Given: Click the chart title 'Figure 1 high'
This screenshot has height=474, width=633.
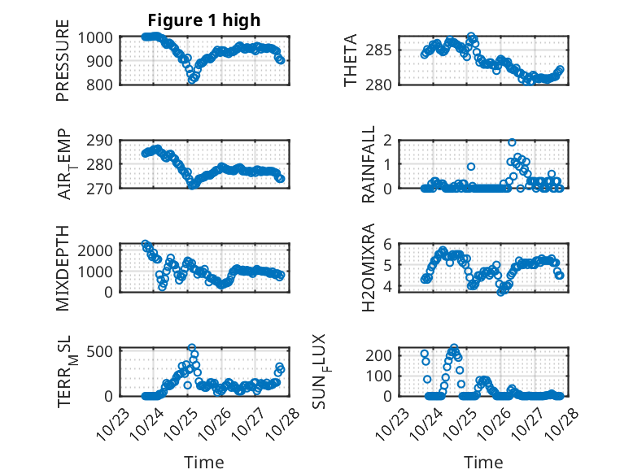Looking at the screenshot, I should pyautogui.click(x=204, y=20).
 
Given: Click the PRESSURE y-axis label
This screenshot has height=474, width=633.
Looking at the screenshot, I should pyautogui.click(x=63, y=67).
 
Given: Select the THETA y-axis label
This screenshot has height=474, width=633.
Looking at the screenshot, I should pyautogui.click(x=351, y=61).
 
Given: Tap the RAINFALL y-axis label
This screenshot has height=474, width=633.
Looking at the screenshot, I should pyautogui.click(x=368, y=164).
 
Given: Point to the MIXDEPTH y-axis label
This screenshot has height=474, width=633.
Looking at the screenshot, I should pyautogui.click(x=63, y=267).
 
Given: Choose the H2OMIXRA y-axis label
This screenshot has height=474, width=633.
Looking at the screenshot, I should pyautogui.click(x=368, y=267).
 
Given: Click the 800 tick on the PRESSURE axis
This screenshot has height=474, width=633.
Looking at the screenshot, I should pyautogui.click(x=102, y=84).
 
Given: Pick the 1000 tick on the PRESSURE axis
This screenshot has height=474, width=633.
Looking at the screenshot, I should pyautogui.click(x=98, y=37).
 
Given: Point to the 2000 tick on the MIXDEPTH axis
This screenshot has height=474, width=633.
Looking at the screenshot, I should pyautogui.click(x=98, y=250).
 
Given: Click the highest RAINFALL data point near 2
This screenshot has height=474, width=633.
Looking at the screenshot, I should pyautogui.click(x=512, y=142).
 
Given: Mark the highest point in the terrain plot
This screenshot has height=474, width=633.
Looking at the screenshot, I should pyautogui.click(x=192, y=348).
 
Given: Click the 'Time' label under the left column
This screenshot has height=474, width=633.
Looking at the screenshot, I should pyautogui.click(x=204, y=462).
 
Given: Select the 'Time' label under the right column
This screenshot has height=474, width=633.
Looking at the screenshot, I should pyautogui.click(x=483, y=462).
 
